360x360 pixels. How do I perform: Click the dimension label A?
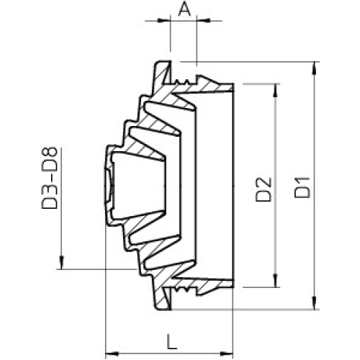[184, 10]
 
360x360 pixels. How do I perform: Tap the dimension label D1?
[302, 187]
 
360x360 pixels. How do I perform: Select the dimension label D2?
[264, 189]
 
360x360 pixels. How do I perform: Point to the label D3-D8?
[50, 178]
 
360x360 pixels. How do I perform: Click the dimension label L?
[172, 342]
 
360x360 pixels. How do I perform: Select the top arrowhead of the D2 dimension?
[276, 90]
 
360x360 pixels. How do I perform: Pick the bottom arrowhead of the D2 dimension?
[276, 281]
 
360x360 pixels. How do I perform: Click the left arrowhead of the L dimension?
[112, 354]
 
